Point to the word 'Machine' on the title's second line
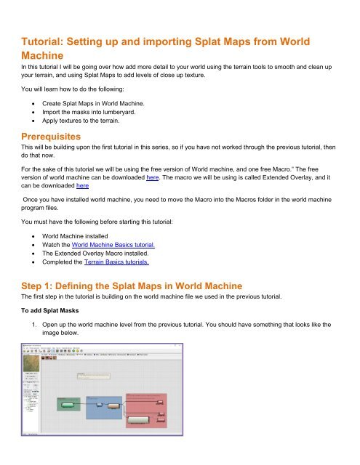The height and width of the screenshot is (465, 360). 44,55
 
